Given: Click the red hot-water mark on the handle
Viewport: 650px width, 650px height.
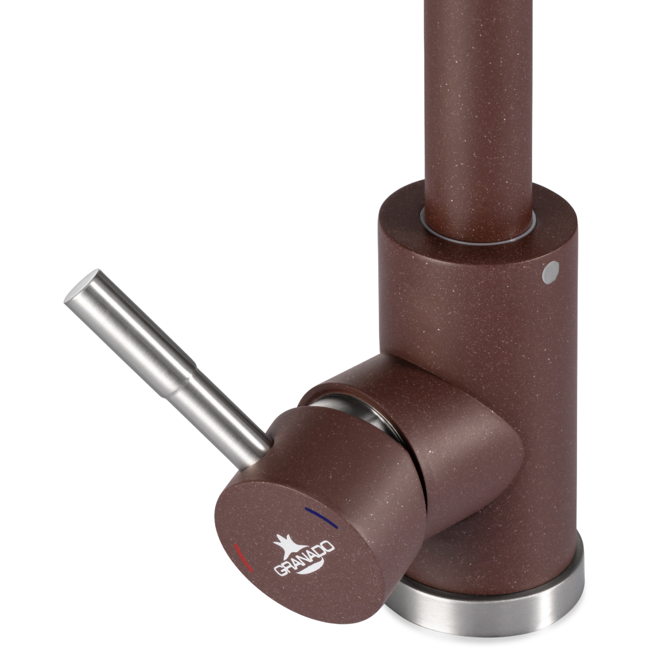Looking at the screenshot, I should tap(243, 558).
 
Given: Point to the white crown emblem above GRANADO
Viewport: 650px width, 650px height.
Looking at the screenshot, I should tap(289, 545).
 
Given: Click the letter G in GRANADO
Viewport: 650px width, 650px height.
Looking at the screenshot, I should tap(280, 569).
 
